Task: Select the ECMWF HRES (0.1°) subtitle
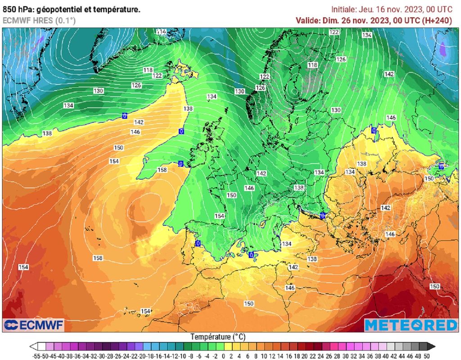pyautogui.click(x=39, y=20)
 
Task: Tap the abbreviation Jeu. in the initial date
pyautogui.click(x=367, y=9)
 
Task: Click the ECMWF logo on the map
pyautogui.click(x=34, y=325)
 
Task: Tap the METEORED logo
pyautogui.click(x=411, y=325)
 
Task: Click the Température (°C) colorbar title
pyautogui.click(x=218, y=337)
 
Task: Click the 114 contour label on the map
pyautogui.click(x=161, y=32)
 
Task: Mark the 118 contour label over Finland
pyautogui.click(x=312, y=65)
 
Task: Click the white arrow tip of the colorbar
pyautogui.click(x=33, y=346)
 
